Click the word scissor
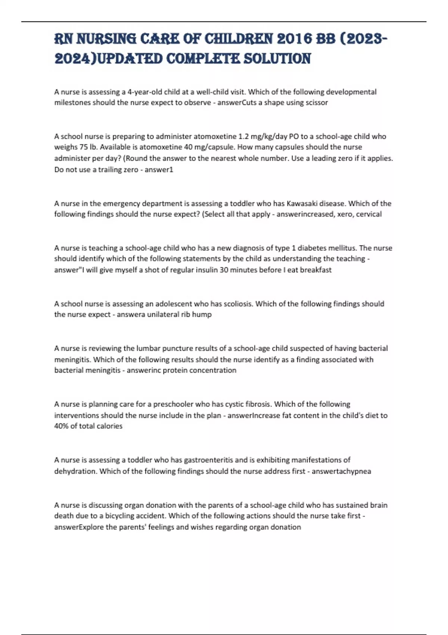coord(317,103)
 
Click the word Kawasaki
coord(302,204)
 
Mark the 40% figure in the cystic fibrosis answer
coord(61,426)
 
